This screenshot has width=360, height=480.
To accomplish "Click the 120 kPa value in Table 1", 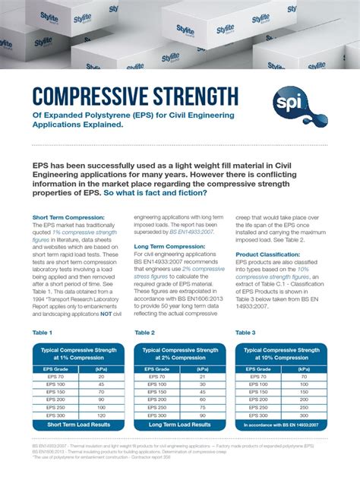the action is (101, 415).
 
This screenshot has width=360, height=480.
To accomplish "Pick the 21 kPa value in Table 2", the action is (202, 377).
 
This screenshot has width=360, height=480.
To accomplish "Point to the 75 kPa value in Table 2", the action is (202, 407).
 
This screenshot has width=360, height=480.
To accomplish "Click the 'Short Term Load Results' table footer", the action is (79, 425).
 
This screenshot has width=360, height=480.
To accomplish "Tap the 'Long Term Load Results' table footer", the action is (180, 425).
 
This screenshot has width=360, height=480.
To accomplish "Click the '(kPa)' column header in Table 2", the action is (202, 368).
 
